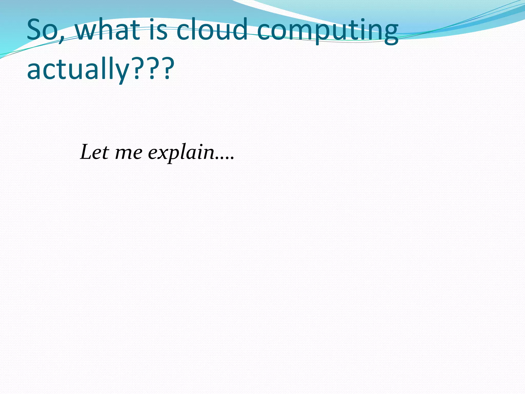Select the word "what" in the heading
[107, 30]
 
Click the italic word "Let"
[95, 152]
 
